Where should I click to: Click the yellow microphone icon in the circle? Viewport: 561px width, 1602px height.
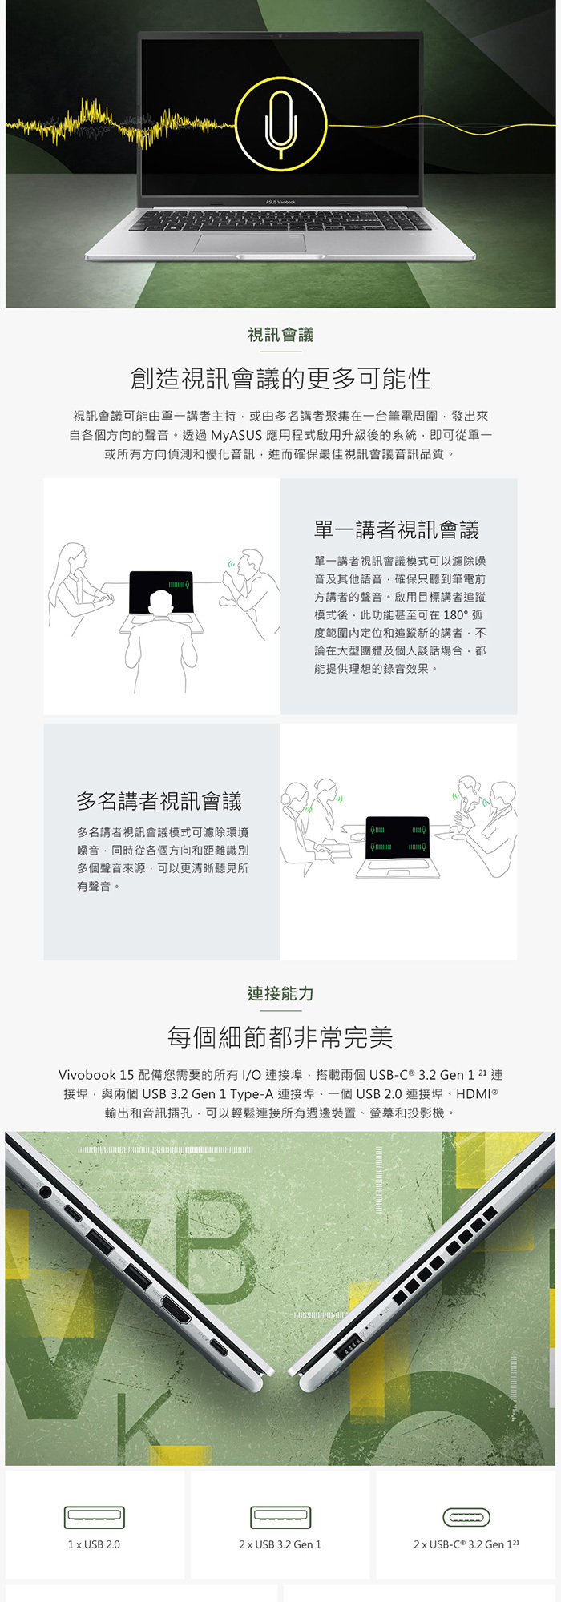pyautogui.click(x=280, y=125)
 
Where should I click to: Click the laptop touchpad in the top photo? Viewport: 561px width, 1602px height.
pyautogui.click(x=250, y=243)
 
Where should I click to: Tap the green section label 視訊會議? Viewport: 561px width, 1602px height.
pyautogui.click(x=280, y=335)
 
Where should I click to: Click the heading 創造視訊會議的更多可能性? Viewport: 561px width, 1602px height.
pyautogui.click(x=280, y=379)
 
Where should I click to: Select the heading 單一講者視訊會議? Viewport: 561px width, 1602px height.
pyautogui.click(x=397, y=529)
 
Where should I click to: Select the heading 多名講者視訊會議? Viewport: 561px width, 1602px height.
pyautogui.click(x=159, y=801)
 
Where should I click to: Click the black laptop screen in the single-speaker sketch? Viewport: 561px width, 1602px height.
pyautogui.click(x=161, y=591)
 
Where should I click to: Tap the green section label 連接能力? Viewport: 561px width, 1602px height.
pyautogui.click(x=280, y=994)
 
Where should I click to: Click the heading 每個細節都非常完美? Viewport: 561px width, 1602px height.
pyautogui.click(x=280, y=1038)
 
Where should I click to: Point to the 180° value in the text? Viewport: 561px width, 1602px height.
pyautogui.click(x=455, y=615)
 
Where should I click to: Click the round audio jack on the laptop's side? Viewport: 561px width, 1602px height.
pyautogui.click(x=45, y=1192)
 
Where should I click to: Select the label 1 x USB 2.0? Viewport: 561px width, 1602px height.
pyautogui.click(x=95, y=1544)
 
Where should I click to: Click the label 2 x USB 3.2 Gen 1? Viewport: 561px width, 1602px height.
pyautogui.click(x=280, y=1544)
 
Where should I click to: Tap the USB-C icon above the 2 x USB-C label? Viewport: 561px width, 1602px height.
pyautogui.click(x=466, y=1517)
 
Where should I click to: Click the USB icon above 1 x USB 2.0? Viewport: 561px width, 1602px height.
pyautogui.click(x=95, y=1517)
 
